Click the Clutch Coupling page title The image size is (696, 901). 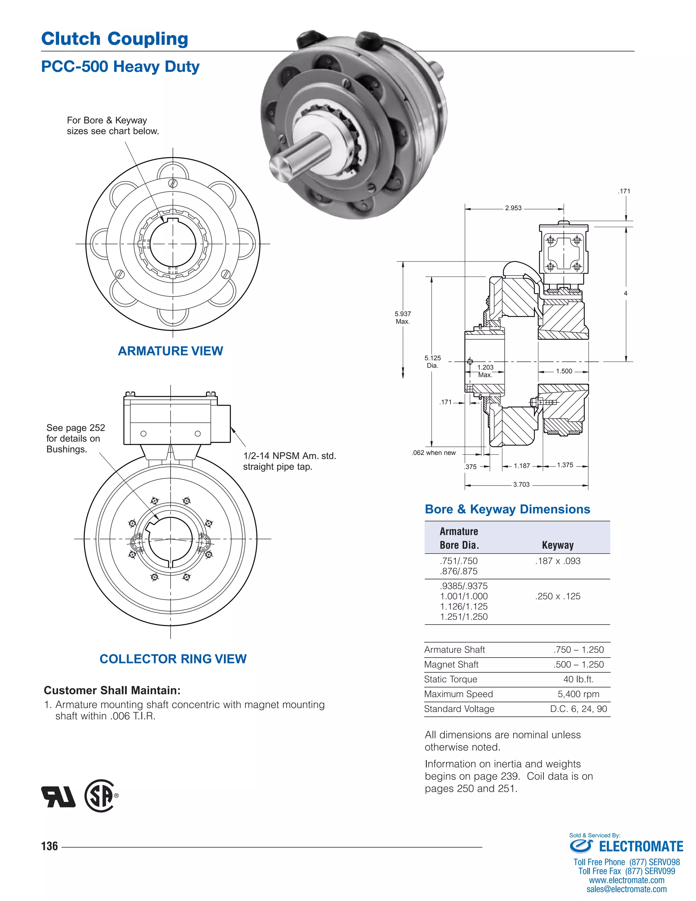pos(115,39)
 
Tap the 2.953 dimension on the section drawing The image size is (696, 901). pos(514,208)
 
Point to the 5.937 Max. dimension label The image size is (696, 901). pos(402,317)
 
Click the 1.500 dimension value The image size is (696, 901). pos(564,371)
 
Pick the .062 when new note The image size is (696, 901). pos(433,453)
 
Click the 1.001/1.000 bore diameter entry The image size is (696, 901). pos(464,596)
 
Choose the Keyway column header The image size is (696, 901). pos(557,545)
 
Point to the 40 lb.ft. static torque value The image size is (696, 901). pos(578,679)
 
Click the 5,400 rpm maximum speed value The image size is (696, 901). pos(578,694)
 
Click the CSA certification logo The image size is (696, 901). pos(101,796)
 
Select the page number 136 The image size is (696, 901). pos(50,846)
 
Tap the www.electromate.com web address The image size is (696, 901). pos(626,880)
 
